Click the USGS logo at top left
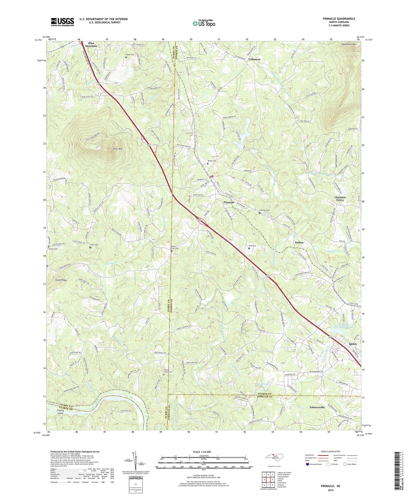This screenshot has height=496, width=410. [x=62, y=22]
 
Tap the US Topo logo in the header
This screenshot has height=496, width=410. [x=204, y=24]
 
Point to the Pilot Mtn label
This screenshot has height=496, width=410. [x=118, y=149]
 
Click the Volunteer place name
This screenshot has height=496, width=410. [x=254, y=59]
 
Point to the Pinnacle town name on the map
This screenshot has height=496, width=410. [x=229, y=202]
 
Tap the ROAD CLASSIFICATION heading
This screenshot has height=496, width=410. [x=330, y=451]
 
